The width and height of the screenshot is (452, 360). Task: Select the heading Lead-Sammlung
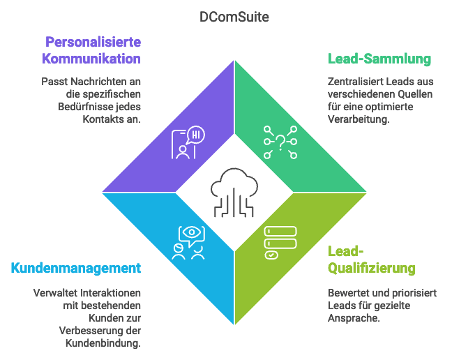click(379, 59)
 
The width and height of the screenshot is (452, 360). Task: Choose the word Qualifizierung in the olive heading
click(372, 268)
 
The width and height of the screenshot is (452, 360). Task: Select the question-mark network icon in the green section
click(280, 143)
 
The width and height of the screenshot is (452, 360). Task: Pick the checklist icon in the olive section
click(280, 241)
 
